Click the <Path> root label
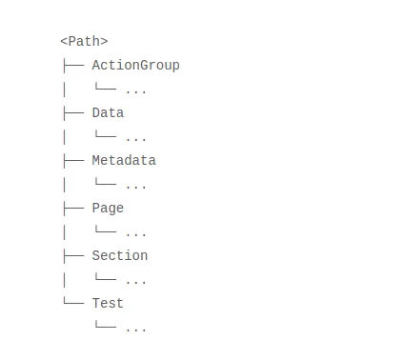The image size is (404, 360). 84,42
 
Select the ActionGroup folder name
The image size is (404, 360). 135,66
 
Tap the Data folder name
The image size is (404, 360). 108,113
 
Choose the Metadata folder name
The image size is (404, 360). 124,161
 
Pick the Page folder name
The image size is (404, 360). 108,209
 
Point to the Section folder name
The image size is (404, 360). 120,256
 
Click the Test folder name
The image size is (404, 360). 108,304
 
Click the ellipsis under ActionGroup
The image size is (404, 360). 135,90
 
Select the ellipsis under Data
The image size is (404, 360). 135,138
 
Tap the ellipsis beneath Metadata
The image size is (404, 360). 135,186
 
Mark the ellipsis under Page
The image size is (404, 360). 135,233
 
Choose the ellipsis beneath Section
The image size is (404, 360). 135,281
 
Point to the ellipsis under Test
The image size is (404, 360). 135,329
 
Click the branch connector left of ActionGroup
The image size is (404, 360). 72,66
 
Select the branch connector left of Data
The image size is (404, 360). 72,113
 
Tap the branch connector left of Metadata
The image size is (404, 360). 72,161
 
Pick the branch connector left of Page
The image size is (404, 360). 72,209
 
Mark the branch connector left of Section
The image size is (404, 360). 72,256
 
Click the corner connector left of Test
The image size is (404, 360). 72,303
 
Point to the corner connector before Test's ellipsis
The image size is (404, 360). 105,327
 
